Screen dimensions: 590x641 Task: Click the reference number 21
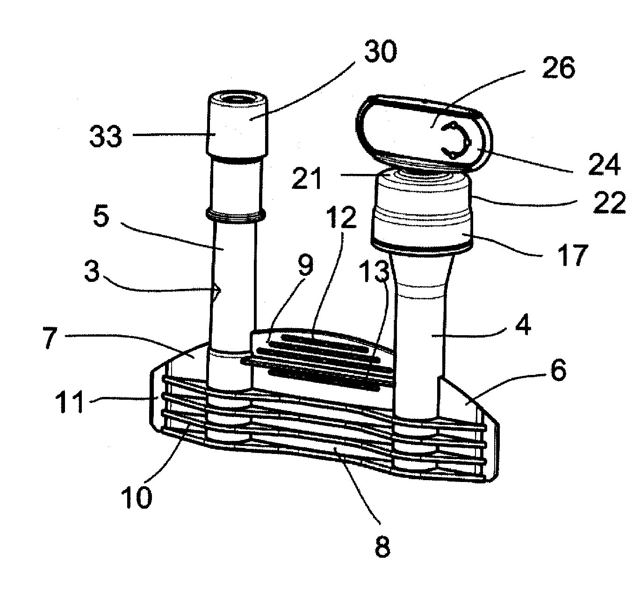(x=306, y=179)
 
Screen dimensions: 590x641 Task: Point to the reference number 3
(x=93, y=272)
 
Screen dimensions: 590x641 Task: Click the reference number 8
(x=382, y=546)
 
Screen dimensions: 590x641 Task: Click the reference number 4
(x=523, y=326)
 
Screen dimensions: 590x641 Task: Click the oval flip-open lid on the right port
(x=423, y=129)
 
